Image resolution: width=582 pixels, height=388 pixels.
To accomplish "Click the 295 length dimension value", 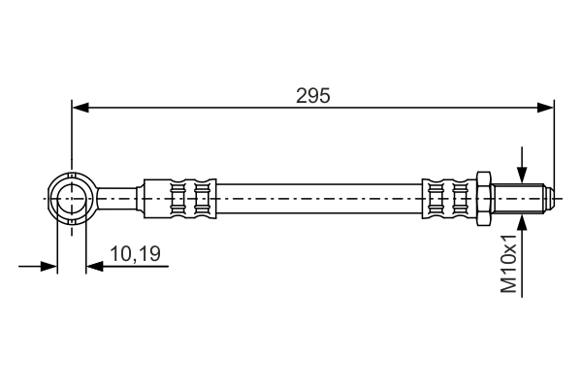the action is click(x=312, y=96).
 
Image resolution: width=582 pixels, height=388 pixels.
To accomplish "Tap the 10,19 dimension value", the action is click(x=135, y=254).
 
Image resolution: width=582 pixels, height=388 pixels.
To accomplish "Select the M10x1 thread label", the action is click(x=508, y=264).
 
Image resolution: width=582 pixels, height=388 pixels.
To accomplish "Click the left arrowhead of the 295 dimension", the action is click(x=81, y=108).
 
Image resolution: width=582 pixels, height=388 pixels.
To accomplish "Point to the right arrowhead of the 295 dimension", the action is click(x=545, y=108).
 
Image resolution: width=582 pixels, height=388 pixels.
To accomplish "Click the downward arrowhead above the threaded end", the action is click(x=522, y=175).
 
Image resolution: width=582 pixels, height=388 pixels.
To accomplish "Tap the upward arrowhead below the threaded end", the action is click(x=522, y=223).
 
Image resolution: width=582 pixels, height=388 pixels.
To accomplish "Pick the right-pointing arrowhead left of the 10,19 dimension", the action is click(x=49, y=266).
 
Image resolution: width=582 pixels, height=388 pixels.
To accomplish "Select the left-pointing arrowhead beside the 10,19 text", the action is click(x=95, y=266).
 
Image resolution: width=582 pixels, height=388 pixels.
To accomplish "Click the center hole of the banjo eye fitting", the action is click(x=72, y=199).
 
